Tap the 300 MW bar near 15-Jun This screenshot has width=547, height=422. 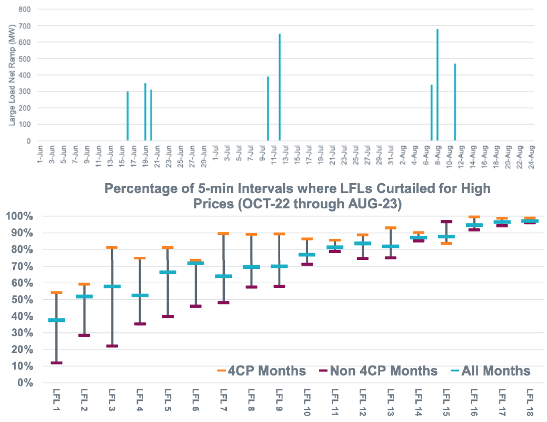[127, 116]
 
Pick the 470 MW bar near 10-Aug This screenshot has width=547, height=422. [455, 102]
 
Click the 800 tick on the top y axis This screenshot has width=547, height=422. [24, 9]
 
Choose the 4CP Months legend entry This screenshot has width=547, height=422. [262, 371]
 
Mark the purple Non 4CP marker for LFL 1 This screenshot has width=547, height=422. [56, 363]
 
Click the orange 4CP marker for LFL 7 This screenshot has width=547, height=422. [223, 234]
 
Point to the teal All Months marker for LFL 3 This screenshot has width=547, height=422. [112, 286]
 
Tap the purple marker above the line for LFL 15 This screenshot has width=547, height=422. [446, 222]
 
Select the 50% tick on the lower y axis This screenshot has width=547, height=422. [20, 299]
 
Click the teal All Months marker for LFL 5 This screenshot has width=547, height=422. [167, 272]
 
